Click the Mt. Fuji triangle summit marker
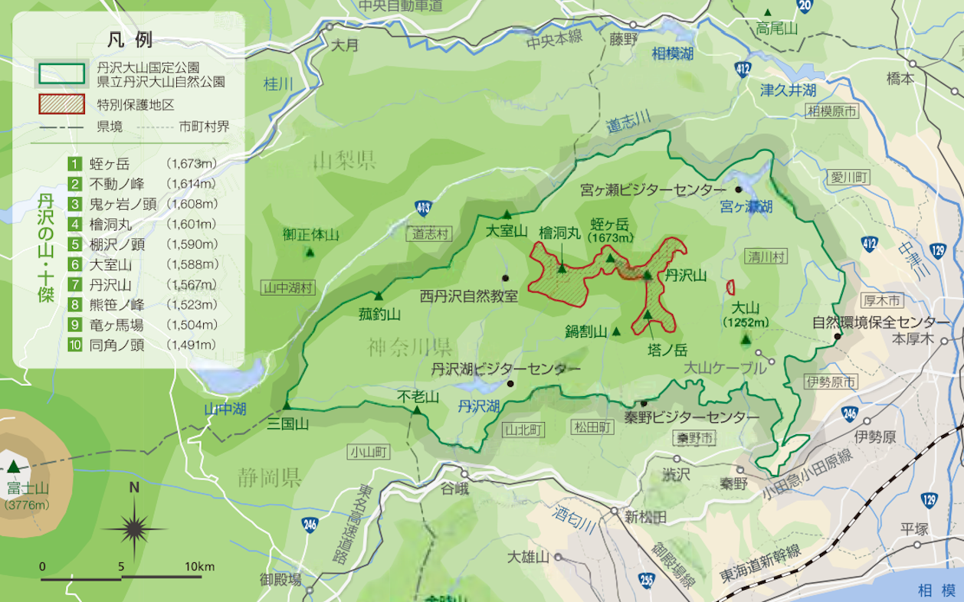tap(13, 466)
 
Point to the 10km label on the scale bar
tap(199, 566)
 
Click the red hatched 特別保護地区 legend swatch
tap(61, 103)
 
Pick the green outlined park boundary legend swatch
tap(61, 74)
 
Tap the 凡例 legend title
tap(130, 40)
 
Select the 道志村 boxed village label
tap(430, 234)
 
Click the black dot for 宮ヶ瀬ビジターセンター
tap(739, 189)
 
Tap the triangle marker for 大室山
tap(506, 214)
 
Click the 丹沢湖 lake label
tap(478, 406)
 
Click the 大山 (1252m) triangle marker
tap(746, 338)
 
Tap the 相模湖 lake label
tap(673, 54)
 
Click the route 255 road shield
tap(648, 581)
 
